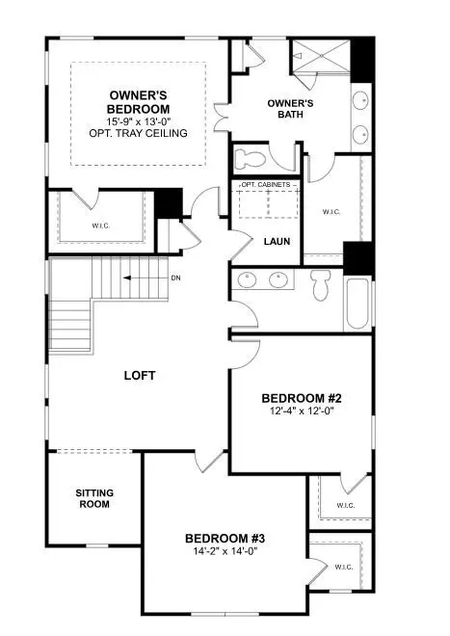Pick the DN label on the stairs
tap(174, 278)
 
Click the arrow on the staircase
tap(140, 278)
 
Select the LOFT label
tap(140, 375)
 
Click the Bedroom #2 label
tap(300, 398)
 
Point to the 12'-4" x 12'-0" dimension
tap(300, 411)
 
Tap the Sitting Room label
tap(93, 498)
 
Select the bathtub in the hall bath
tap(357, 303)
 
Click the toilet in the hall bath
tap(322, 284)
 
